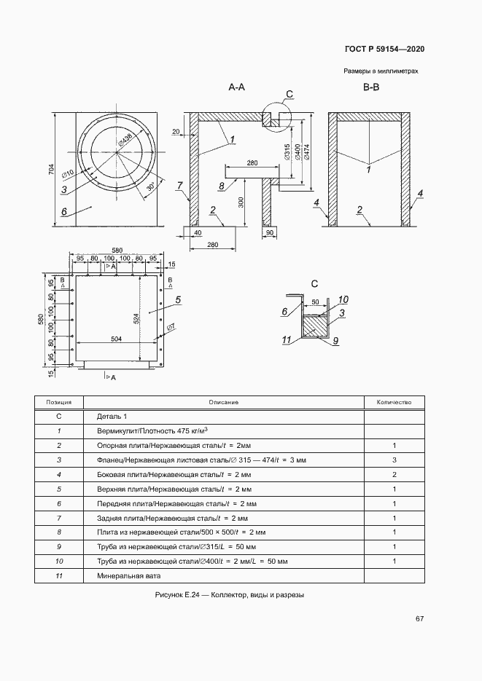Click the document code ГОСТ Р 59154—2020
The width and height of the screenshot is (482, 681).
[384, 49]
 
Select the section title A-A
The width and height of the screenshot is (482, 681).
[237, 87]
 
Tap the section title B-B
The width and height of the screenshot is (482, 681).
[371, 87]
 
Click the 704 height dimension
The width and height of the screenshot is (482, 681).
[51, 170]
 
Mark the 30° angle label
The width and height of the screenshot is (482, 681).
[150, 186]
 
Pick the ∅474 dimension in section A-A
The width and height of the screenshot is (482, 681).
[307, 152]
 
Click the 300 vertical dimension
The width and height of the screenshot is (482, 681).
[241, 202]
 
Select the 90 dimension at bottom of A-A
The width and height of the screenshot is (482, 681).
[270, 232]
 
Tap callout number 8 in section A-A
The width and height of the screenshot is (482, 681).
[222, 186]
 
